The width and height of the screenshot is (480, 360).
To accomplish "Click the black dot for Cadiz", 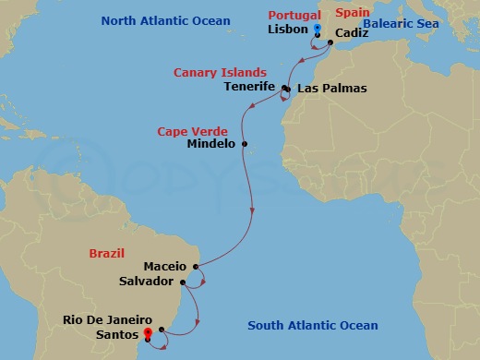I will tap(330, 42).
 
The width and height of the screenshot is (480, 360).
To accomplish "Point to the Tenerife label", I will tap(250, 87).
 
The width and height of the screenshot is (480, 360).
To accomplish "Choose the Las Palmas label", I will tap(331, 89).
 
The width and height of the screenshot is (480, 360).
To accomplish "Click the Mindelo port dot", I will tap(245, 143).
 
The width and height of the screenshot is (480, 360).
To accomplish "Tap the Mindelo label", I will tap(211, 144).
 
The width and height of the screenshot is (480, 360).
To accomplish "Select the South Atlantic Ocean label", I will tap(313, 325).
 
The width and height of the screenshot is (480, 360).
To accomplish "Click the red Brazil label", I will tap(106, 252).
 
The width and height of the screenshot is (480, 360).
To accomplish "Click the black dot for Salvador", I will tap(183, 282).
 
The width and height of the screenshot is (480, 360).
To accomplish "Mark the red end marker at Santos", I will tap(148, 335).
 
